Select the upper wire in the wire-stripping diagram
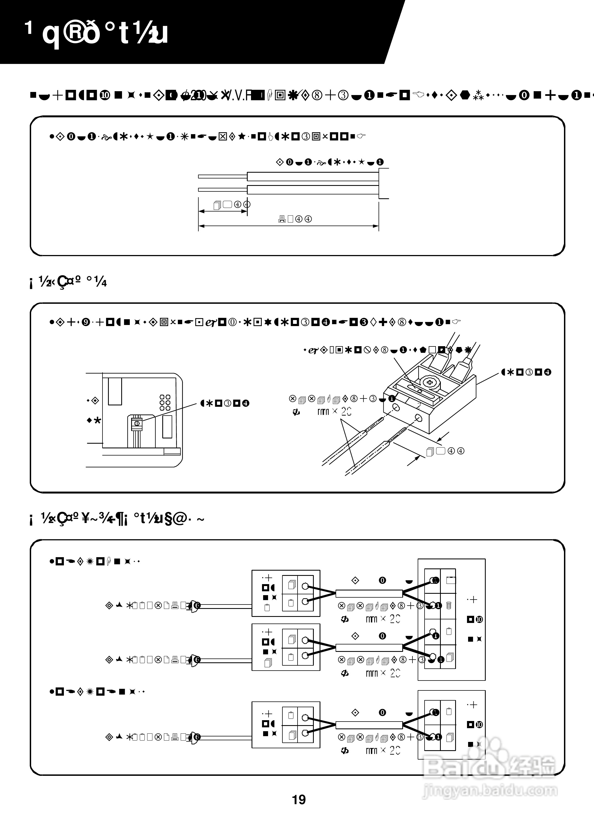(x=313, y=177)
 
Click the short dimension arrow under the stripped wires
(x=223, y=211)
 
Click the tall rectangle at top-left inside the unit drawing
(x=115, y=391)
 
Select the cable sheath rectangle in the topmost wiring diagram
(x=369, y=594)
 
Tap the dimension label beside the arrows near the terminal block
(x=445, y=451)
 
